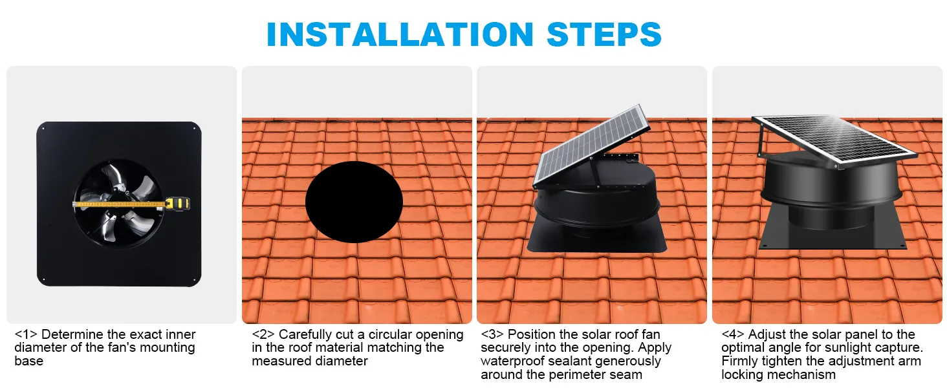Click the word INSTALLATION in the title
click(x=400, y=34)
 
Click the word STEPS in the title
click(x=604, y=34)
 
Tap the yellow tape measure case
click(x=177, y=203)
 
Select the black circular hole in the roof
click(x=354, y=202)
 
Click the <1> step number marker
click(x=26, y=334)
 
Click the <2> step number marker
click(x=263, y=334)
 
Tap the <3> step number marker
click(x=492, y=334)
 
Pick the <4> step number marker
click(x=733, y=334)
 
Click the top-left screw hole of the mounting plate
click(x=44, y=128)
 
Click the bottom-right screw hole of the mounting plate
click(x=194, y=279)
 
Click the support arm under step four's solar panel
click(x=761, y=141)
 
